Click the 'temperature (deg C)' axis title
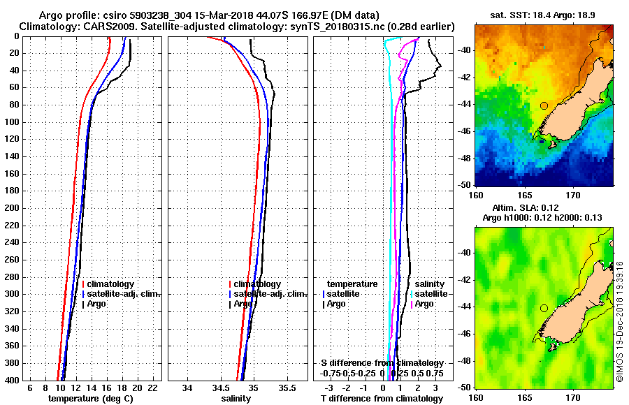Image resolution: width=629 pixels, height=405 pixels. (90, 399)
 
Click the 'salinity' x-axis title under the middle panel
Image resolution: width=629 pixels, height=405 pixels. (236, 399)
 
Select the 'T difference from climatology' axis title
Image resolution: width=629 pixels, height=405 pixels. (382, 399)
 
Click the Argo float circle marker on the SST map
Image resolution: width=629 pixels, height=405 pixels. (544, 105)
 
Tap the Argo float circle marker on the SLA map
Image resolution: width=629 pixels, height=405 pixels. (544, 308)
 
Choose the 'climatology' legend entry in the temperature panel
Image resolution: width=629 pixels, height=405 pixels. (111, 284)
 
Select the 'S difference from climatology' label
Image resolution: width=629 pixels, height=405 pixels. (382, 363)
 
